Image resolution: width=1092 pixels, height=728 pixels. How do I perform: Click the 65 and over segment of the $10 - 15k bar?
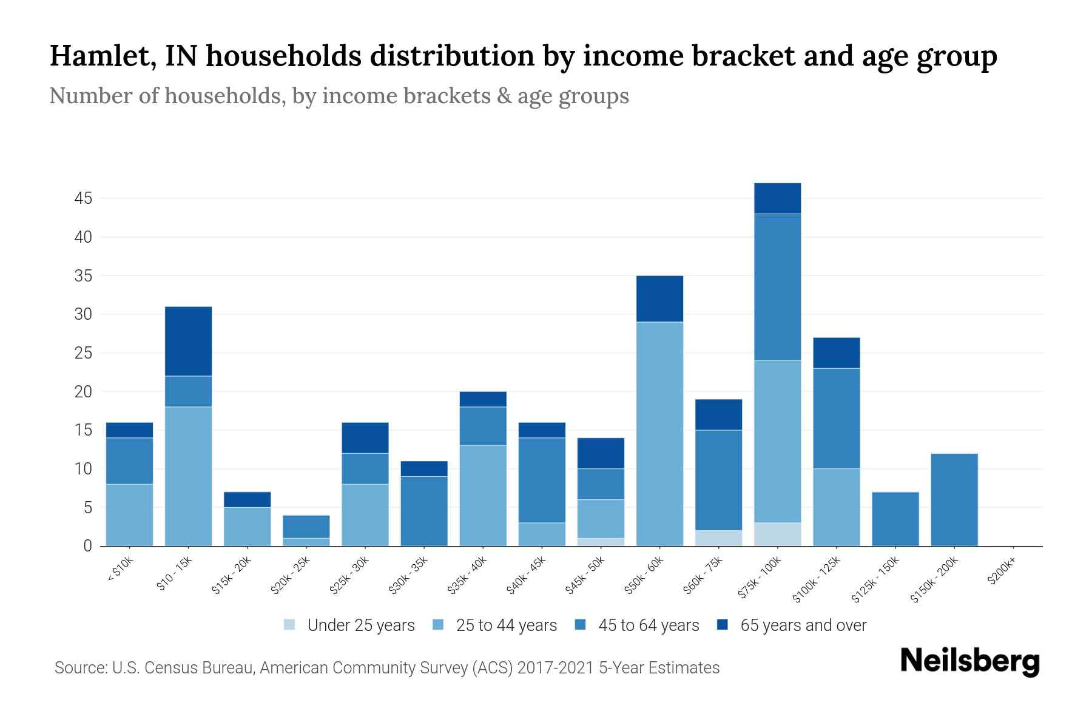188,341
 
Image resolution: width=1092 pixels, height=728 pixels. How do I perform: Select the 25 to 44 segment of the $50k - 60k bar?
659,434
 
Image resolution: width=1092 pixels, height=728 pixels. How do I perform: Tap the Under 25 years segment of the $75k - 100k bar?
777,534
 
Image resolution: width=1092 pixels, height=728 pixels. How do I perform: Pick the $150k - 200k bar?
954,500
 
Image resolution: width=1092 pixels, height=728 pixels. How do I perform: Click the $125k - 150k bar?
895,519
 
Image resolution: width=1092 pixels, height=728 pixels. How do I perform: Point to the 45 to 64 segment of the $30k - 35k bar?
424,511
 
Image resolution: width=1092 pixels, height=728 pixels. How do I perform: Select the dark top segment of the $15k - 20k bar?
247,499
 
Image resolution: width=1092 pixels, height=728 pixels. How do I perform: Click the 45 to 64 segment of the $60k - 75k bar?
718,480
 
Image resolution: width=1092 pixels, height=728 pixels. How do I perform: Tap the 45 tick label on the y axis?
83,198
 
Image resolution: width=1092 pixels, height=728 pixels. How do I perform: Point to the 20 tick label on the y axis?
83,392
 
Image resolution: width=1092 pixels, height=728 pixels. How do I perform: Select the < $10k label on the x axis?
120,570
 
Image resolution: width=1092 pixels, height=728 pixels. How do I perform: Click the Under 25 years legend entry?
360,625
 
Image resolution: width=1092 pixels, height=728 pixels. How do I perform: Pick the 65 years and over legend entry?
803,625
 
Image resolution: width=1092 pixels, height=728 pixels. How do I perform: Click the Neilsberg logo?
969,662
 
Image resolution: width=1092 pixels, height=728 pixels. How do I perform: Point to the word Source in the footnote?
79,668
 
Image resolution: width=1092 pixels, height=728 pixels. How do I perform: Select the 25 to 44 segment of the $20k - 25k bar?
306,542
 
